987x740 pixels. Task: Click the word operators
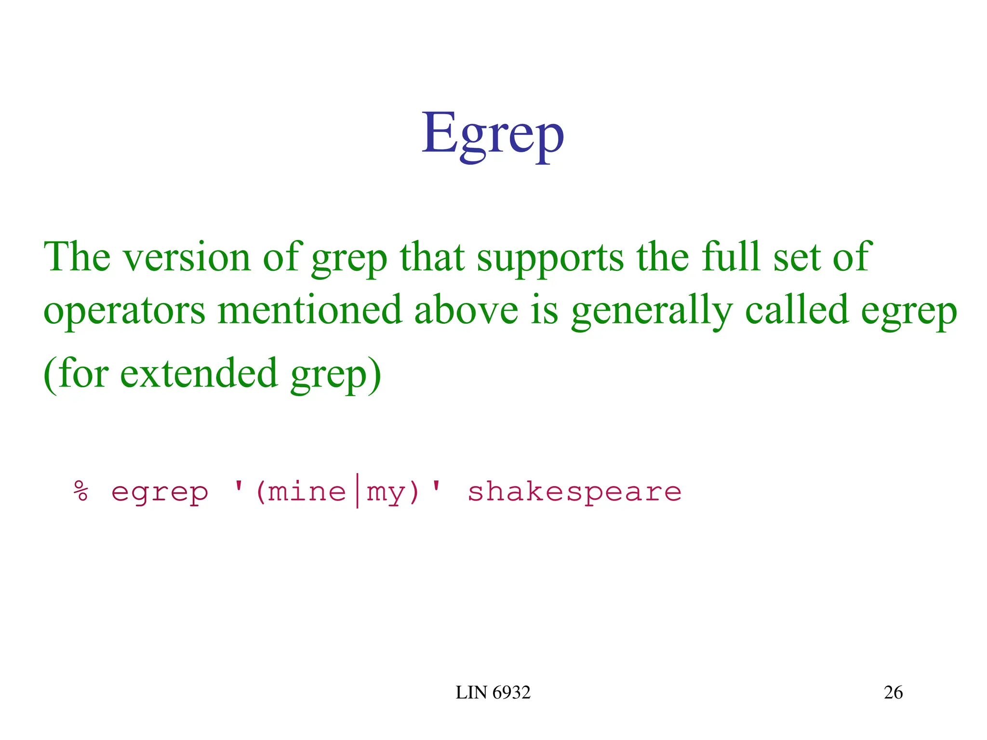tap(124, 311)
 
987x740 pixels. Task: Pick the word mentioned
tap(309, 310)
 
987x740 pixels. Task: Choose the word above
tap(466, 310)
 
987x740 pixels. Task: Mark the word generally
tap(652, 311)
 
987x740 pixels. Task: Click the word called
tap(796, 310)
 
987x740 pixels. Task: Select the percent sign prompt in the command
tap(81, 491)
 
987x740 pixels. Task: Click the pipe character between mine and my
tap(357, 491)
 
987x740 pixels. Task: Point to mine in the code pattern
tap(307, 491)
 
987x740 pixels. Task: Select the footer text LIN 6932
tap(493, 693)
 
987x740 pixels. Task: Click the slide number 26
tap(893, 693)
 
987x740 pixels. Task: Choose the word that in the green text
tap(432, 258)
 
